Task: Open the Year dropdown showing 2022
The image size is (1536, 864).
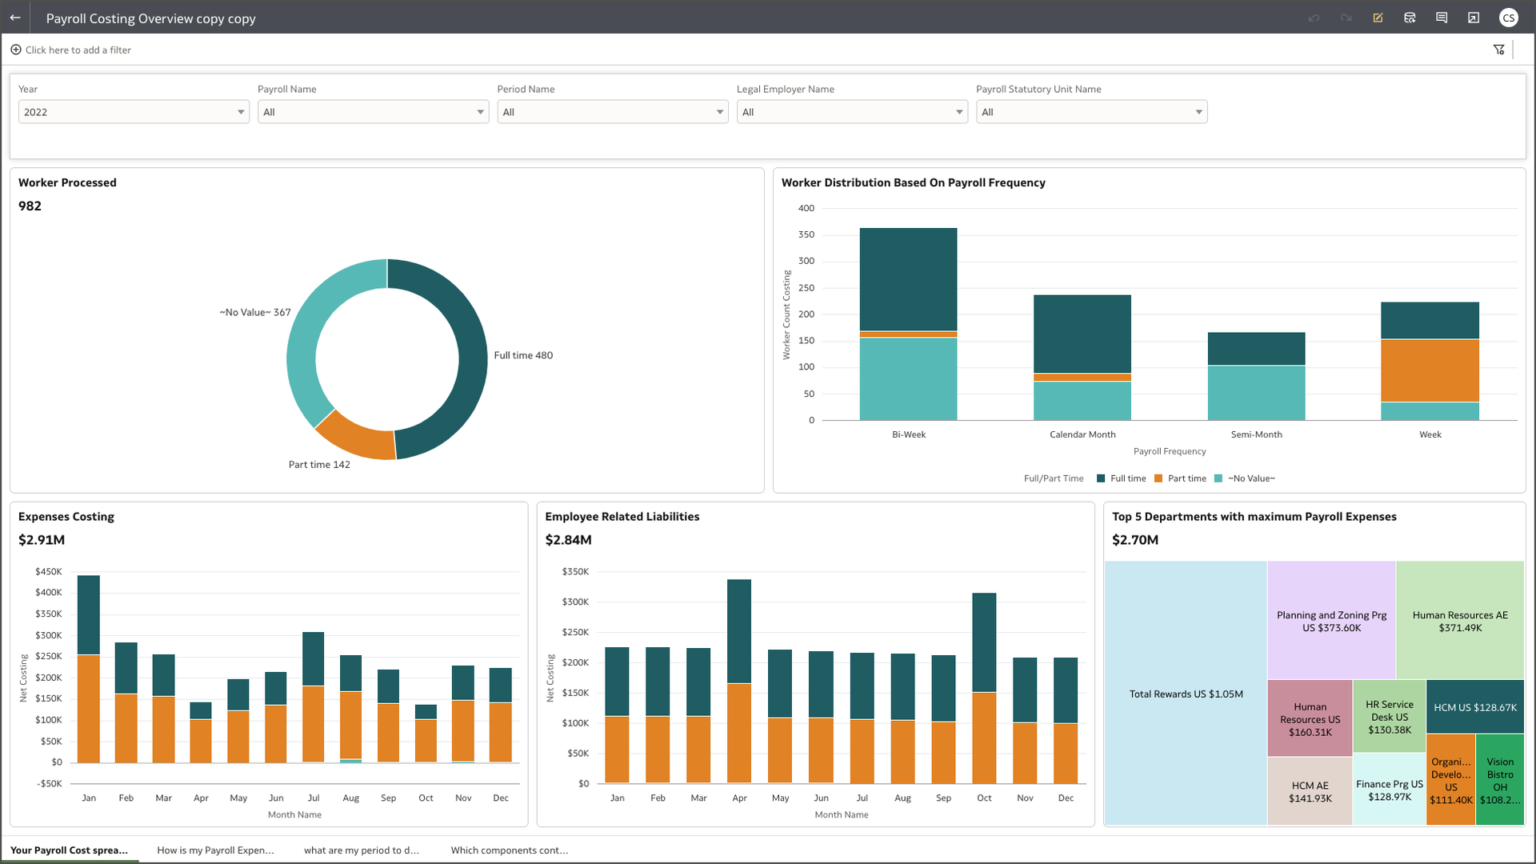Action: coord(133,112)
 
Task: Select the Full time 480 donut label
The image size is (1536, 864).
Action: coord(523,355)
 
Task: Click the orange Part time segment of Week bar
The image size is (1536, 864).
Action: coord(1430,370)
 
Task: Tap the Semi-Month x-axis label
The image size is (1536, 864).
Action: coord(1256,434)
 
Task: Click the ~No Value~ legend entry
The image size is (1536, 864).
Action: coord(1250,478)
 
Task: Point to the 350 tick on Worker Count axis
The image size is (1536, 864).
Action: coord(806,234)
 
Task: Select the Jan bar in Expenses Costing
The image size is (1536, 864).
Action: coord(89,669)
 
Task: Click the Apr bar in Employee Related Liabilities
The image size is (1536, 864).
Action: coord(739,681)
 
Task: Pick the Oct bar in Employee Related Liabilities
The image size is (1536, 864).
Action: coord(984,687)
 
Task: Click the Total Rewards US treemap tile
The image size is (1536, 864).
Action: coord(1186,694)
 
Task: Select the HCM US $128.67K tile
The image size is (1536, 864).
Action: coord(1474,707)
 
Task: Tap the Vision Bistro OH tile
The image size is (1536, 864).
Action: coord(1500,780)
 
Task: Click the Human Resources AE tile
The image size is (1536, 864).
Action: coord(1460,621)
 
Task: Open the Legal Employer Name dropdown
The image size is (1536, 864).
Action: coord(851,112)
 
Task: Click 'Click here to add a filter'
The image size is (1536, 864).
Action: coord(78,50)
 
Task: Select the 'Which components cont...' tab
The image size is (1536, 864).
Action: coord(510,850)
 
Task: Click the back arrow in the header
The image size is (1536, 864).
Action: coord(15,18)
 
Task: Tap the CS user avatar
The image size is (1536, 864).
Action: coord(1508,18)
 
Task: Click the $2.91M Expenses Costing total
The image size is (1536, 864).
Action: coord(42,540)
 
